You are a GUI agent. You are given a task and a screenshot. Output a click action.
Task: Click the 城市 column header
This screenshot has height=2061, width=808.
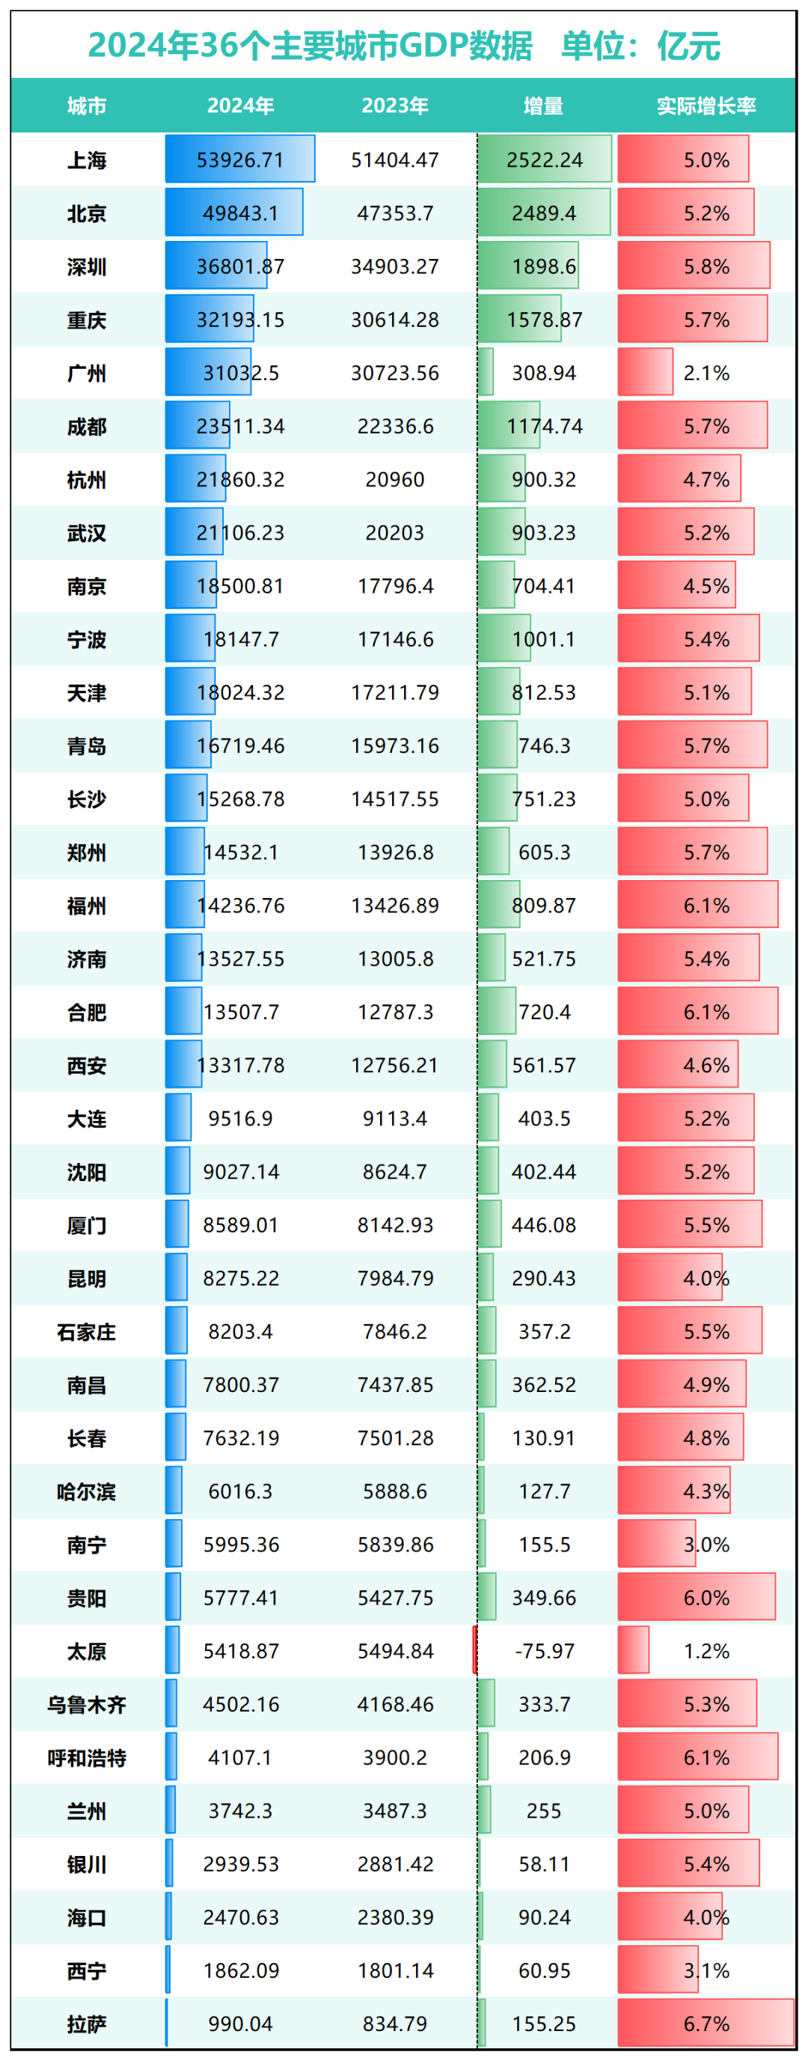coord(86,106)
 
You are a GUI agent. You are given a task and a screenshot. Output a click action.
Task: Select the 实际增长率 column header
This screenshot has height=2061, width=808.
coord(706,106)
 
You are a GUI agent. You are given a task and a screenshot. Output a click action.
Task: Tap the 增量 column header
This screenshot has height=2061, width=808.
coord(543,106)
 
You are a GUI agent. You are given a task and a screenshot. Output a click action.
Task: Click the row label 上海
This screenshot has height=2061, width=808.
coord(86,160)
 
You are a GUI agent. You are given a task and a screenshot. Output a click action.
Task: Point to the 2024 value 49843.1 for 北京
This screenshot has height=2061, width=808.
coord(240,213)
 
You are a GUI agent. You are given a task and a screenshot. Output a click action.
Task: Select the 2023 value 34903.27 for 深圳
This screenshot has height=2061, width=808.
coord(394,266)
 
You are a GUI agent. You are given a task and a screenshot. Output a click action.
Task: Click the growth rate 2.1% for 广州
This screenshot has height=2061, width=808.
coord(706,373)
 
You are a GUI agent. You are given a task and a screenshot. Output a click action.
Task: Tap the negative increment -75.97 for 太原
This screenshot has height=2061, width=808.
coord(544,1651)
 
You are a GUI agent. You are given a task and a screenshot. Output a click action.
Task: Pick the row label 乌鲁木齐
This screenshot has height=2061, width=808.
coord(86,1704)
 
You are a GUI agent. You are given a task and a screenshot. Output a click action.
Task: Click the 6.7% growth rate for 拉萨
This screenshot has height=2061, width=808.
coord(706,2024)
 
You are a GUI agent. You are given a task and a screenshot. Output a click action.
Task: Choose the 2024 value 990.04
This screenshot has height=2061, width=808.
coord(240,2024)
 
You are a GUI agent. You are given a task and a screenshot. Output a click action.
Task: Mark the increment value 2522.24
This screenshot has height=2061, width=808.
coord(544,160)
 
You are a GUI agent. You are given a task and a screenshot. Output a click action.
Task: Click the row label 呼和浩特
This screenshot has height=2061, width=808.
coord(86,1757)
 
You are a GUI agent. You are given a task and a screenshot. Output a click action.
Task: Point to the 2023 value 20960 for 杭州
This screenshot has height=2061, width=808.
coord(394,479)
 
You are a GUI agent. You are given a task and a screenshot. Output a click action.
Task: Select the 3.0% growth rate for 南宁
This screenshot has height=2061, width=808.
coord(706,1544)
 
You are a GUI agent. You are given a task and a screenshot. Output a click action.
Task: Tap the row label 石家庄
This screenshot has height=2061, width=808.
coord(86,1331)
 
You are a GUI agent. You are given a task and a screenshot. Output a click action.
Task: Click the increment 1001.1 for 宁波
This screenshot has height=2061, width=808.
coord(544,639)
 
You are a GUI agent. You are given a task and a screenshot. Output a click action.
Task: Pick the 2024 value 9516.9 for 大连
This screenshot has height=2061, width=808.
coord(240,1119)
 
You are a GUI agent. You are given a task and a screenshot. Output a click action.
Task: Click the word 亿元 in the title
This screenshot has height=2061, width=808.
coord(688,46)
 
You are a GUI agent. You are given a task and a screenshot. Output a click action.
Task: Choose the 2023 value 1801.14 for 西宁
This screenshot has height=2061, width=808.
coord(394,1970)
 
